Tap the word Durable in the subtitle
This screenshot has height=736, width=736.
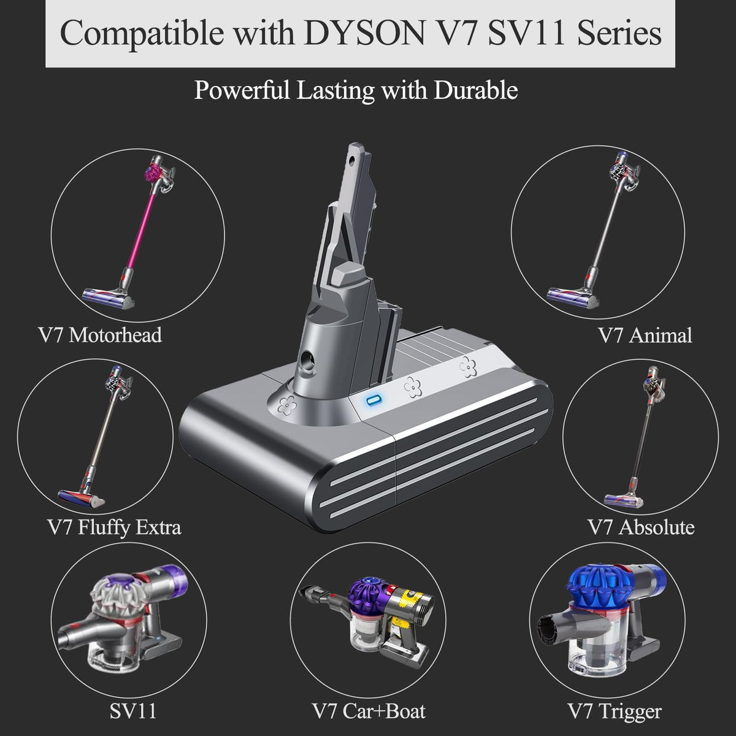(475, 90)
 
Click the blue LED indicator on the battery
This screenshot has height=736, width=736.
(373, 401)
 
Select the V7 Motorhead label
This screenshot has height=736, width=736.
(100, 335)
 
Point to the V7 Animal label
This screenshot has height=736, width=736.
(645, 335)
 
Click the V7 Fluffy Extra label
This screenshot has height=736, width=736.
(115, 527)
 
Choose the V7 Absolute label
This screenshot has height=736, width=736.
(642, 527)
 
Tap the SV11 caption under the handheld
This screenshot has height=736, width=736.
(133, 711)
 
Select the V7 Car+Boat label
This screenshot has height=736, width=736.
(369, 711)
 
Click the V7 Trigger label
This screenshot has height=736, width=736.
(615, 712)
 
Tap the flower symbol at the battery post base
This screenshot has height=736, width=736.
(286, 405)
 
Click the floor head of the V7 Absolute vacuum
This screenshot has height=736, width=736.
(623, 499)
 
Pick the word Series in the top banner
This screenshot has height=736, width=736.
(619, 33)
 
